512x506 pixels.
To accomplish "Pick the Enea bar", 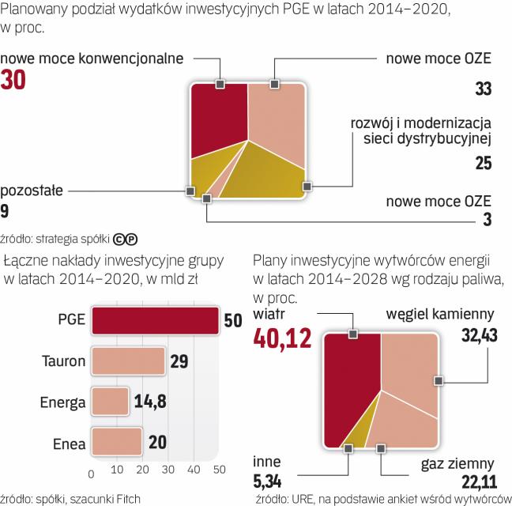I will pyautogui.click(x=117, y=441).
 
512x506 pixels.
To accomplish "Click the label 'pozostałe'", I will pyautogui.click(x=32, y=191).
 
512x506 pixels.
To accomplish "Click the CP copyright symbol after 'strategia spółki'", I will pyautogui.click(x=126, y=236).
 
